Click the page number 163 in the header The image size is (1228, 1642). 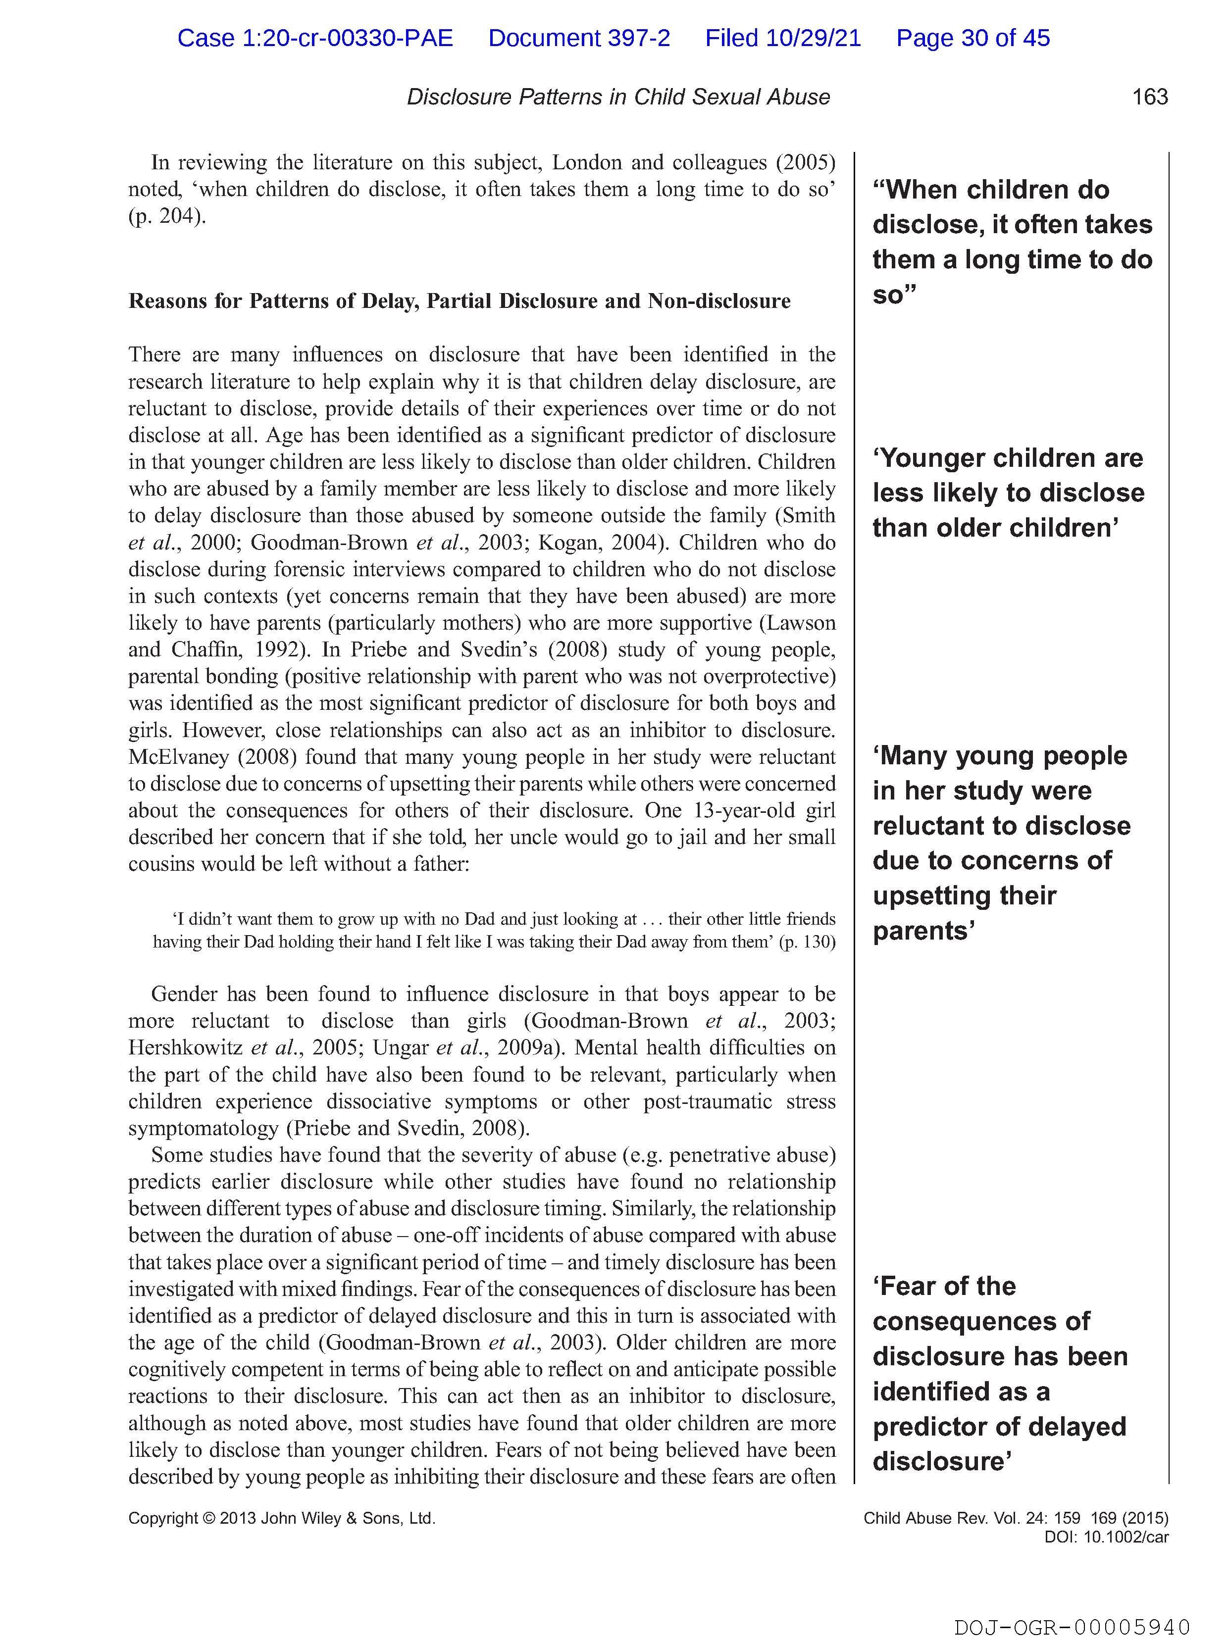(1149, 97)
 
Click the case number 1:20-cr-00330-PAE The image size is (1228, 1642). (315, 38)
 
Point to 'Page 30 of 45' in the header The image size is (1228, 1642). (972, 38)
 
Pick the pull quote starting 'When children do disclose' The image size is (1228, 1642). (1011, 242)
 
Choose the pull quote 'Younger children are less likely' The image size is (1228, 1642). (1008, 493)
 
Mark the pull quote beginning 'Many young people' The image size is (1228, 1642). (1001, 843)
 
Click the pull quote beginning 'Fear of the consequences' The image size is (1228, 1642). (999, 1373)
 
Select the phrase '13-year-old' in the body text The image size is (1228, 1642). (747, 811)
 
